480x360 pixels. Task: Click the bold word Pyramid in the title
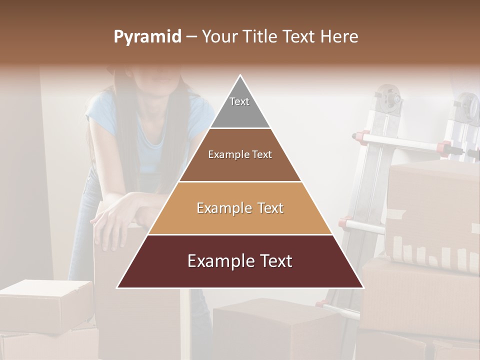point(147,37)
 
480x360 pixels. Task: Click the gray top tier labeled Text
point(240,107)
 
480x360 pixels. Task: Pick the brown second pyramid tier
point(240,155)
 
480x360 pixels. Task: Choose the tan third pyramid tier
point(240,208)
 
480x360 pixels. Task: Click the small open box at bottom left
point(45,305)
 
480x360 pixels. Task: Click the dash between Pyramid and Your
point(191,37)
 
